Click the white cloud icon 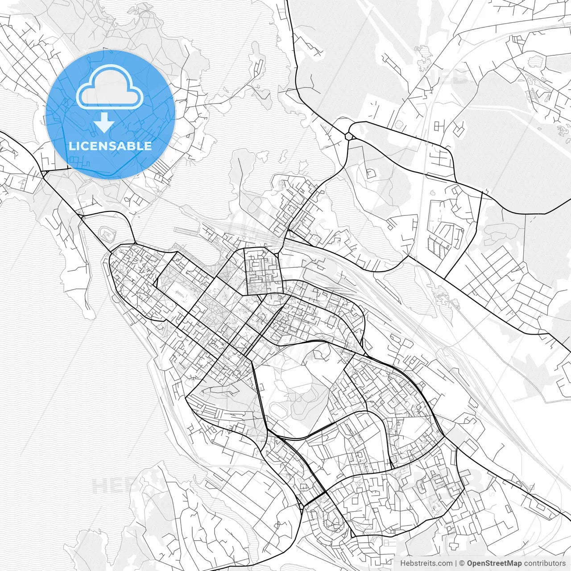109,87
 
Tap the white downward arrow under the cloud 104,122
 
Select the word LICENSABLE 110,146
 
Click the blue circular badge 110,114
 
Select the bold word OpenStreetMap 494,563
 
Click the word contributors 545,563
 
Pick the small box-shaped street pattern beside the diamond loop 439,126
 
